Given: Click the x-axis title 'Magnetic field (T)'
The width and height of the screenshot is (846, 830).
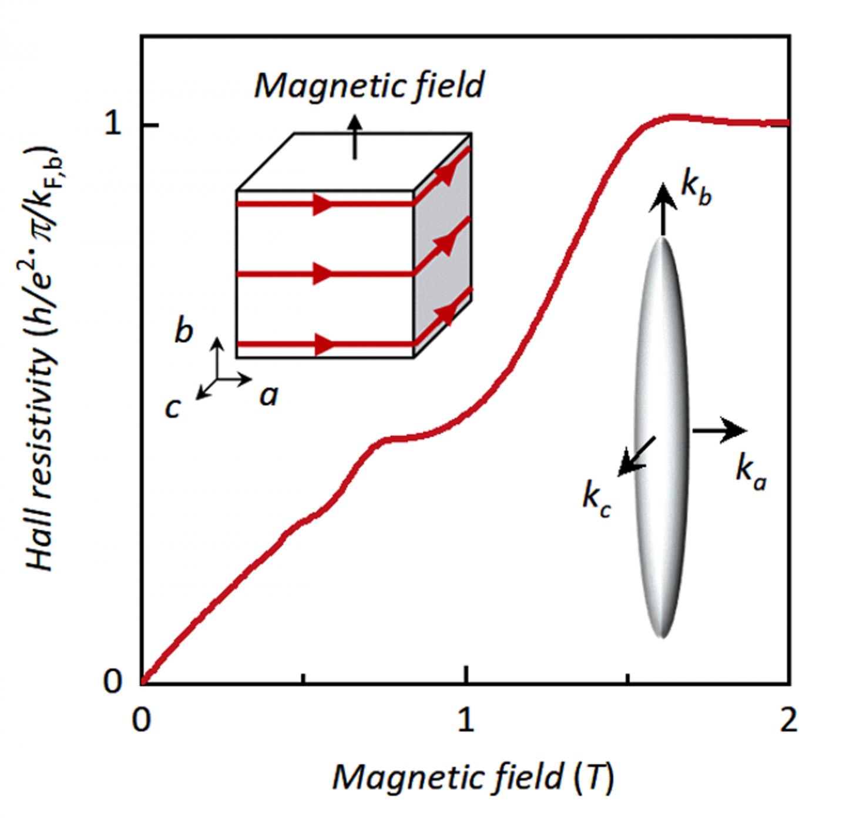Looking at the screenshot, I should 473,777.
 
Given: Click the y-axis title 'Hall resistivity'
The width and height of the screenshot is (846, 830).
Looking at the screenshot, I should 44,364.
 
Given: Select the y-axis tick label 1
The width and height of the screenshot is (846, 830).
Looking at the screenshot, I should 113,125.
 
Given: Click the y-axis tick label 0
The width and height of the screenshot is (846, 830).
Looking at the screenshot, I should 113,682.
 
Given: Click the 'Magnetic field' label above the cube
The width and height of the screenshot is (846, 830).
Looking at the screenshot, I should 369,85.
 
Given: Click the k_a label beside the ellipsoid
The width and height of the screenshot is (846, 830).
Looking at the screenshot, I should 751,473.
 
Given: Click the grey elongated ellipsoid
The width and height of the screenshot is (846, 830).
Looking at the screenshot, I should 662,435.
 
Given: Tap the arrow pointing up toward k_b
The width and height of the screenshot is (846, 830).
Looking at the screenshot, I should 662,209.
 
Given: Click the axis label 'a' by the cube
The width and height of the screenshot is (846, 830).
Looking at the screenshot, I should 268,395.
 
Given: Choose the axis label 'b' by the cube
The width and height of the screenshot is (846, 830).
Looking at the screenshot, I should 184,331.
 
